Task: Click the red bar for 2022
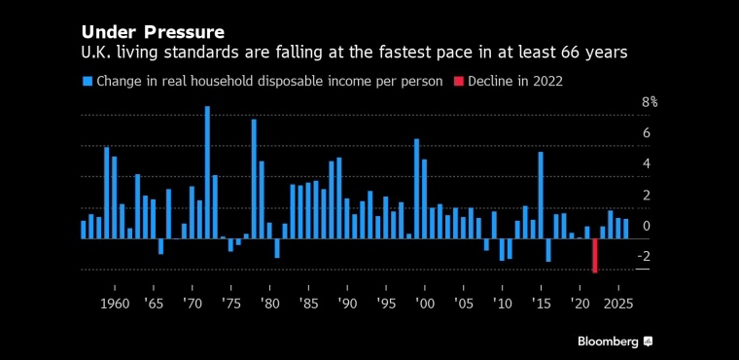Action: [595, 256]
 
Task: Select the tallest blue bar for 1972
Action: [207, 172]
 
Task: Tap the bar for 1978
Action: [254, 179]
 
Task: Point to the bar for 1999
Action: [416, 189]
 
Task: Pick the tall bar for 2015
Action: [541, 196]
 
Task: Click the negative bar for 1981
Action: [277, 248]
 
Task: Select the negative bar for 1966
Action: [160, 246]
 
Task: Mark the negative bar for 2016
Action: [548, 250]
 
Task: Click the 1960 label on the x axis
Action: [115, 304]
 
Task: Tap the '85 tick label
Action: [308, 304]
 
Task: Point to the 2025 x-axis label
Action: [617, 304]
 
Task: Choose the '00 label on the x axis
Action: [424, 304]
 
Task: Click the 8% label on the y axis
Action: [650, 102]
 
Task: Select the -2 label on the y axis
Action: [644, 256]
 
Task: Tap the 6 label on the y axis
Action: [647, 133]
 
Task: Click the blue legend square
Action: [88, 82]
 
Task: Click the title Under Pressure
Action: [153, 32]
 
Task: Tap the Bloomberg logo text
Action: [609, 342]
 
